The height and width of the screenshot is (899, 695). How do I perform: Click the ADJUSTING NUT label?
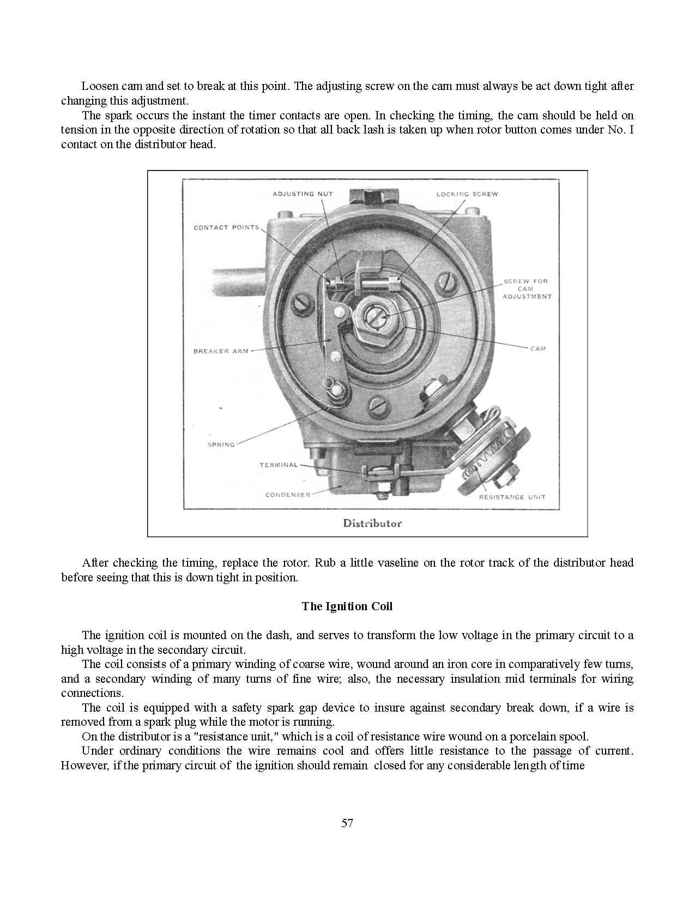coord(303,194)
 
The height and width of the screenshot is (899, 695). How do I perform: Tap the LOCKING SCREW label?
coord(467,194)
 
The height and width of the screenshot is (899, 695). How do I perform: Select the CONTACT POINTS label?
coord(226,227)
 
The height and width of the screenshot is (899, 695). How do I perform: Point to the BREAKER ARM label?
coord(221,351)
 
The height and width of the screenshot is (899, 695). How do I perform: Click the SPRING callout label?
coord(221,445)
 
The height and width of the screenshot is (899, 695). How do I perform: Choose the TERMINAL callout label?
coord(279,465)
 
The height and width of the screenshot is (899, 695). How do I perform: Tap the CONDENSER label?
coord(288,495)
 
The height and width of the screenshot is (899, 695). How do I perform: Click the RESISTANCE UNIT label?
coord(512,497)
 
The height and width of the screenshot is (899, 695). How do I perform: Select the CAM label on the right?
coord(537,348)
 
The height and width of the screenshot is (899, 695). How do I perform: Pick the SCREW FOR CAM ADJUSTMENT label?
coord(527,289)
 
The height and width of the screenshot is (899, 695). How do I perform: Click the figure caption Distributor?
coord(372,523)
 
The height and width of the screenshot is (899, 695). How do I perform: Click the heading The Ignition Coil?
coord(347,606)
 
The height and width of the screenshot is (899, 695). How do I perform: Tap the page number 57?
coord(347,823)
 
